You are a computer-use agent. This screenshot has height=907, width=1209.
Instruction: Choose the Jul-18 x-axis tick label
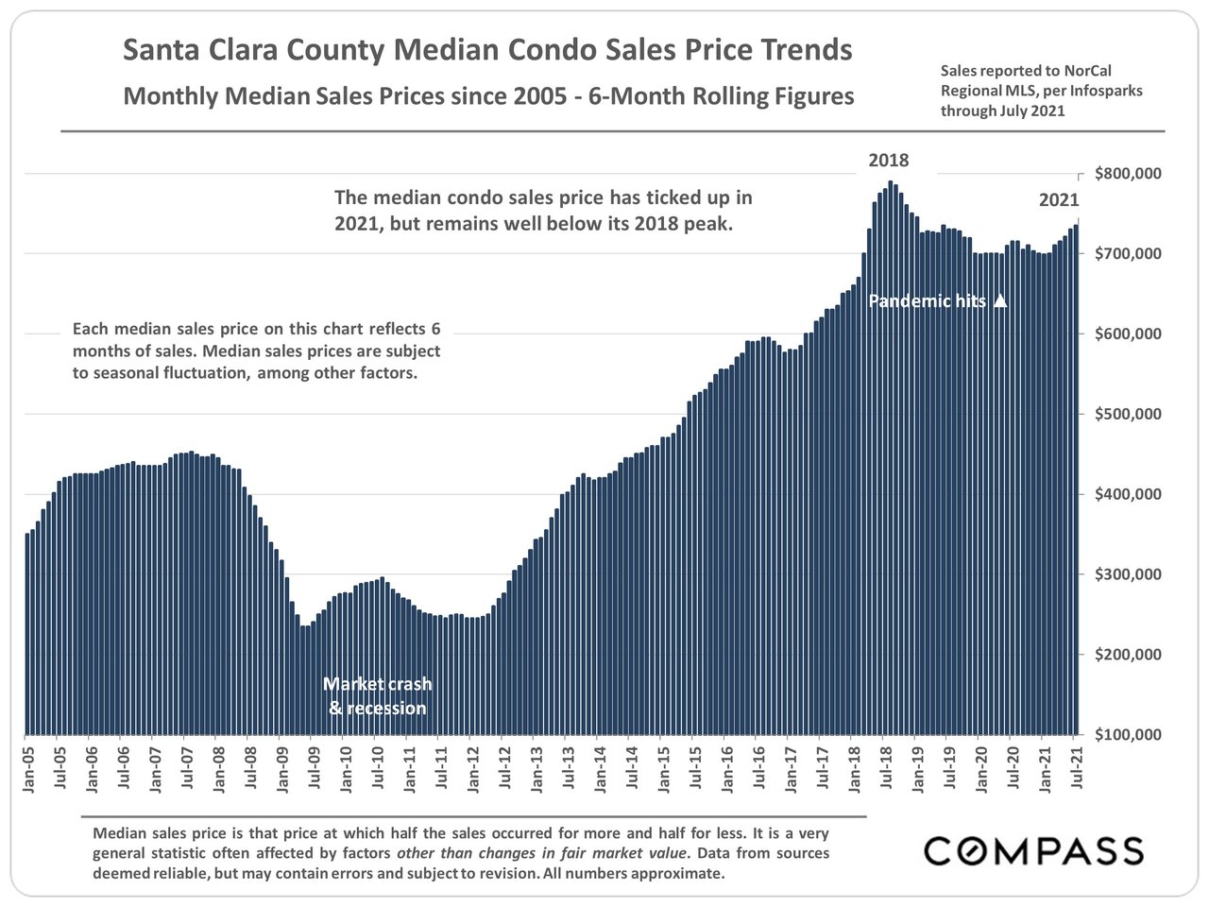[x=887, y=771]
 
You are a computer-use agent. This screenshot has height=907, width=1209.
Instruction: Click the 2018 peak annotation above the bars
[x=888, y=160]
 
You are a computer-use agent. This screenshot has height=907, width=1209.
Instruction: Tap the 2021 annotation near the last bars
[x=1059, y=200]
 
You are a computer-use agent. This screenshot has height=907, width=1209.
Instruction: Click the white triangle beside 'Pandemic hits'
[x=1001, y=301]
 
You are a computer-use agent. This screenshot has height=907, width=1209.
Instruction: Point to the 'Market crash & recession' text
[x=378, y=696]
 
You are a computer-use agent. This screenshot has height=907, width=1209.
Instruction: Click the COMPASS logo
[x=1033, y=850]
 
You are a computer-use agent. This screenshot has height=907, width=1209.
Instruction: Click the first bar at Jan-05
[x=26, y=633]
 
